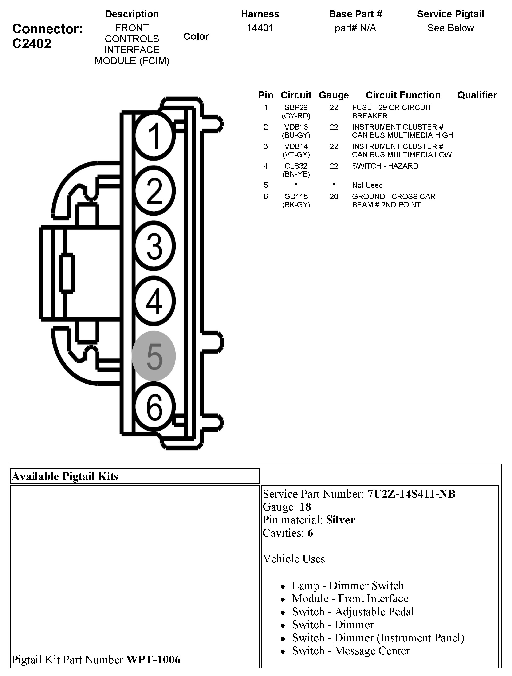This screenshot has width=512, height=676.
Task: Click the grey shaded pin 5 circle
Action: [x=154, y=356]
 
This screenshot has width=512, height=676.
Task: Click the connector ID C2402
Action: [x=32, y=44]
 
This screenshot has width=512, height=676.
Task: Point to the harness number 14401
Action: [x=260, y=28]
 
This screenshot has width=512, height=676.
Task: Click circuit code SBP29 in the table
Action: [x=296, y=108]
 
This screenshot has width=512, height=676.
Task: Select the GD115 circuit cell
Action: [x=296, y=197]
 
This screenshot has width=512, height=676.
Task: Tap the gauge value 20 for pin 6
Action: [x=334, y=197]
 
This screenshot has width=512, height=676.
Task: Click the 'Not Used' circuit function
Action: [x=367, y=185]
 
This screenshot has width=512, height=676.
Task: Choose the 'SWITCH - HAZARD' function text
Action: [x=385, y=166]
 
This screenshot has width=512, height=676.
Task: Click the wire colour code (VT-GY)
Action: [x=296, y=155]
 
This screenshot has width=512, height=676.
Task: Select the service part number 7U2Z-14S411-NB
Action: [x=411, y=494]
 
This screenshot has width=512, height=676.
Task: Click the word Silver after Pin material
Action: [x=340, y=520]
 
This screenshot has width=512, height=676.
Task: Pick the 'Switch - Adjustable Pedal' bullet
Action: [x=353, y=612]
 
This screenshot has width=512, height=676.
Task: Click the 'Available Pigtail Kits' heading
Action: [x=65, y=476]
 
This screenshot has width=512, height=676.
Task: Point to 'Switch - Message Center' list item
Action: [x=351, y=651]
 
